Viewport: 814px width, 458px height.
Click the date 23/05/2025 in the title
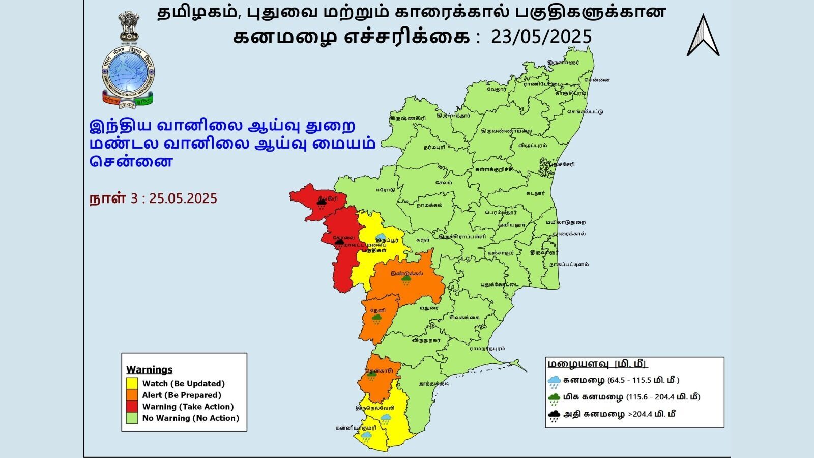[541, 37]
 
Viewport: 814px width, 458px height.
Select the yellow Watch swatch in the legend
[132, 383]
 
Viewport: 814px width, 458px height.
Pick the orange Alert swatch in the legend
[132, 395]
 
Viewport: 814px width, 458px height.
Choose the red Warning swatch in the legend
[132, 407]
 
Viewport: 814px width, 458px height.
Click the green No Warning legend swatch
[132, 418]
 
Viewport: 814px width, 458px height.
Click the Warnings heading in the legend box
[149, 369]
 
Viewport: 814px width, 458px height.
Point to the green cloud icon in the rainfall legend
[555, 398]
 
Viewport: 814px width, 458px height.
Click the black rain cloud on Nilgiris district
[321, 204]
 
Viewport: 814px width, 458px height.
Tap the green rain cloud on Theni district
[376, 319]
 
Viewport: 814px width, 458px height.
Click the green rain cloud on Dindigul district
[406, 280]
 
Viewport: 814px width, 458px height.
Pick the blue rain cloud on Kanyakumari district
[366, 437]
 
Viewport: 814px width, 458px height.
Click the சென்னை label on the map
[597, 80]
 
